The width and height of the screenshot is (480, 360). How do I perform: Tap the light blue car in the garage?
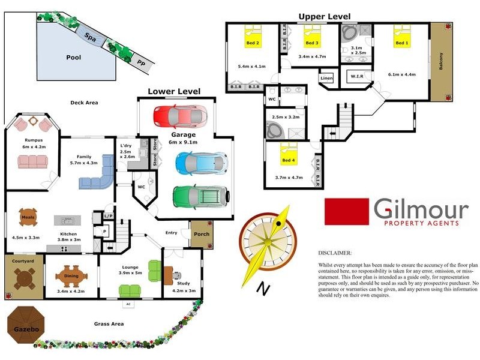point(201,162)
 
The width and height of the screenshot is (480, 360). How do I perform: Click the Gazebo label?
point(22,329)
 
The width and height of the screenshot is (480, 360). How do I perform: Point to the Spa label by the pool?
point(91,36)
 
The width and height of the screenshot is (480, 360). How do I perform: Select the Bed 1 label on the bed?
point(401,43)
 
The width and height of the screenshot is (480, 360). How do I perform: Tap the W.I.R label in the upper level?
point(357,76)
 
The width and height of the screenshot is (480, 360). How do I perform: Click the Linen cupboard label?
point(326,79)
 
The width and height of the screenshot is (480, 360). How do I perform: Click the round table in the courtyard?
point(24,278)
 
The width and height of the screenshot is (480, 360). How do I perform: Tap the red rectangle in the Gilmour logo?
point(346,211)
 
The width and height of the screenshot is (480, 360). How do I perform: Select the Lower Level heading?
point(174,91)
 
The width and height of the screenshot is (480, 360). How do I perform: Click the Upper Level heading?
point(325,17)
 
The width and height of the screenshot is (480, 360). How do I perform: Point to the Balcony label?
point(442,61)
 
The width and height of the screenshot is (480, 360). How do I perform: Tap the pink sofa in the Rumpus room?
point(33,162)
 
